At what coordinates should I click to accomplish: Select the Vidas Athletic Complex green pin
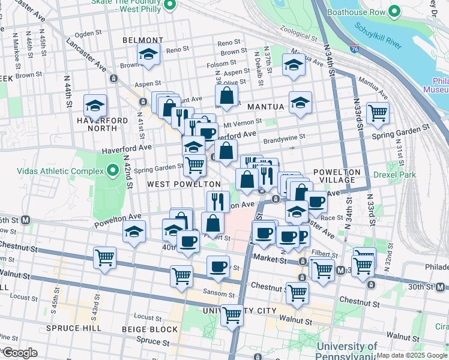tap(112, 172)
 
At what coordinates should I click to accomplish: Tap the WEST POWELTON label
tap(184, 184)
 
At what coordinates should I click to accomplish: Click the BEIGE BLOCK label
tap(150, 329)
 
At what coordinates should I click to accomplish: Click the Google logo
tap(20, 353)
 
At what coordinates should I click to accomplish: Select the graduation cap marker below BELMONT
tap(148, 54)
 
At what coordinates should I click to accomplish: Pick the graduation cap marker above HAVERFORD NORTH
tap(95, 106)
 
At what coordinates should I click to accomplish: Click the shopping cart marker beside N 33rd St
tap(378, 112)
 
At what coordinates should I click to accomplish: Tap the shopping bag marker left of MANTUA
tap(226, 95)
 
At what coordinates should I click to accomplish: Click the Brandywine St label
tap(285, 136)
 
